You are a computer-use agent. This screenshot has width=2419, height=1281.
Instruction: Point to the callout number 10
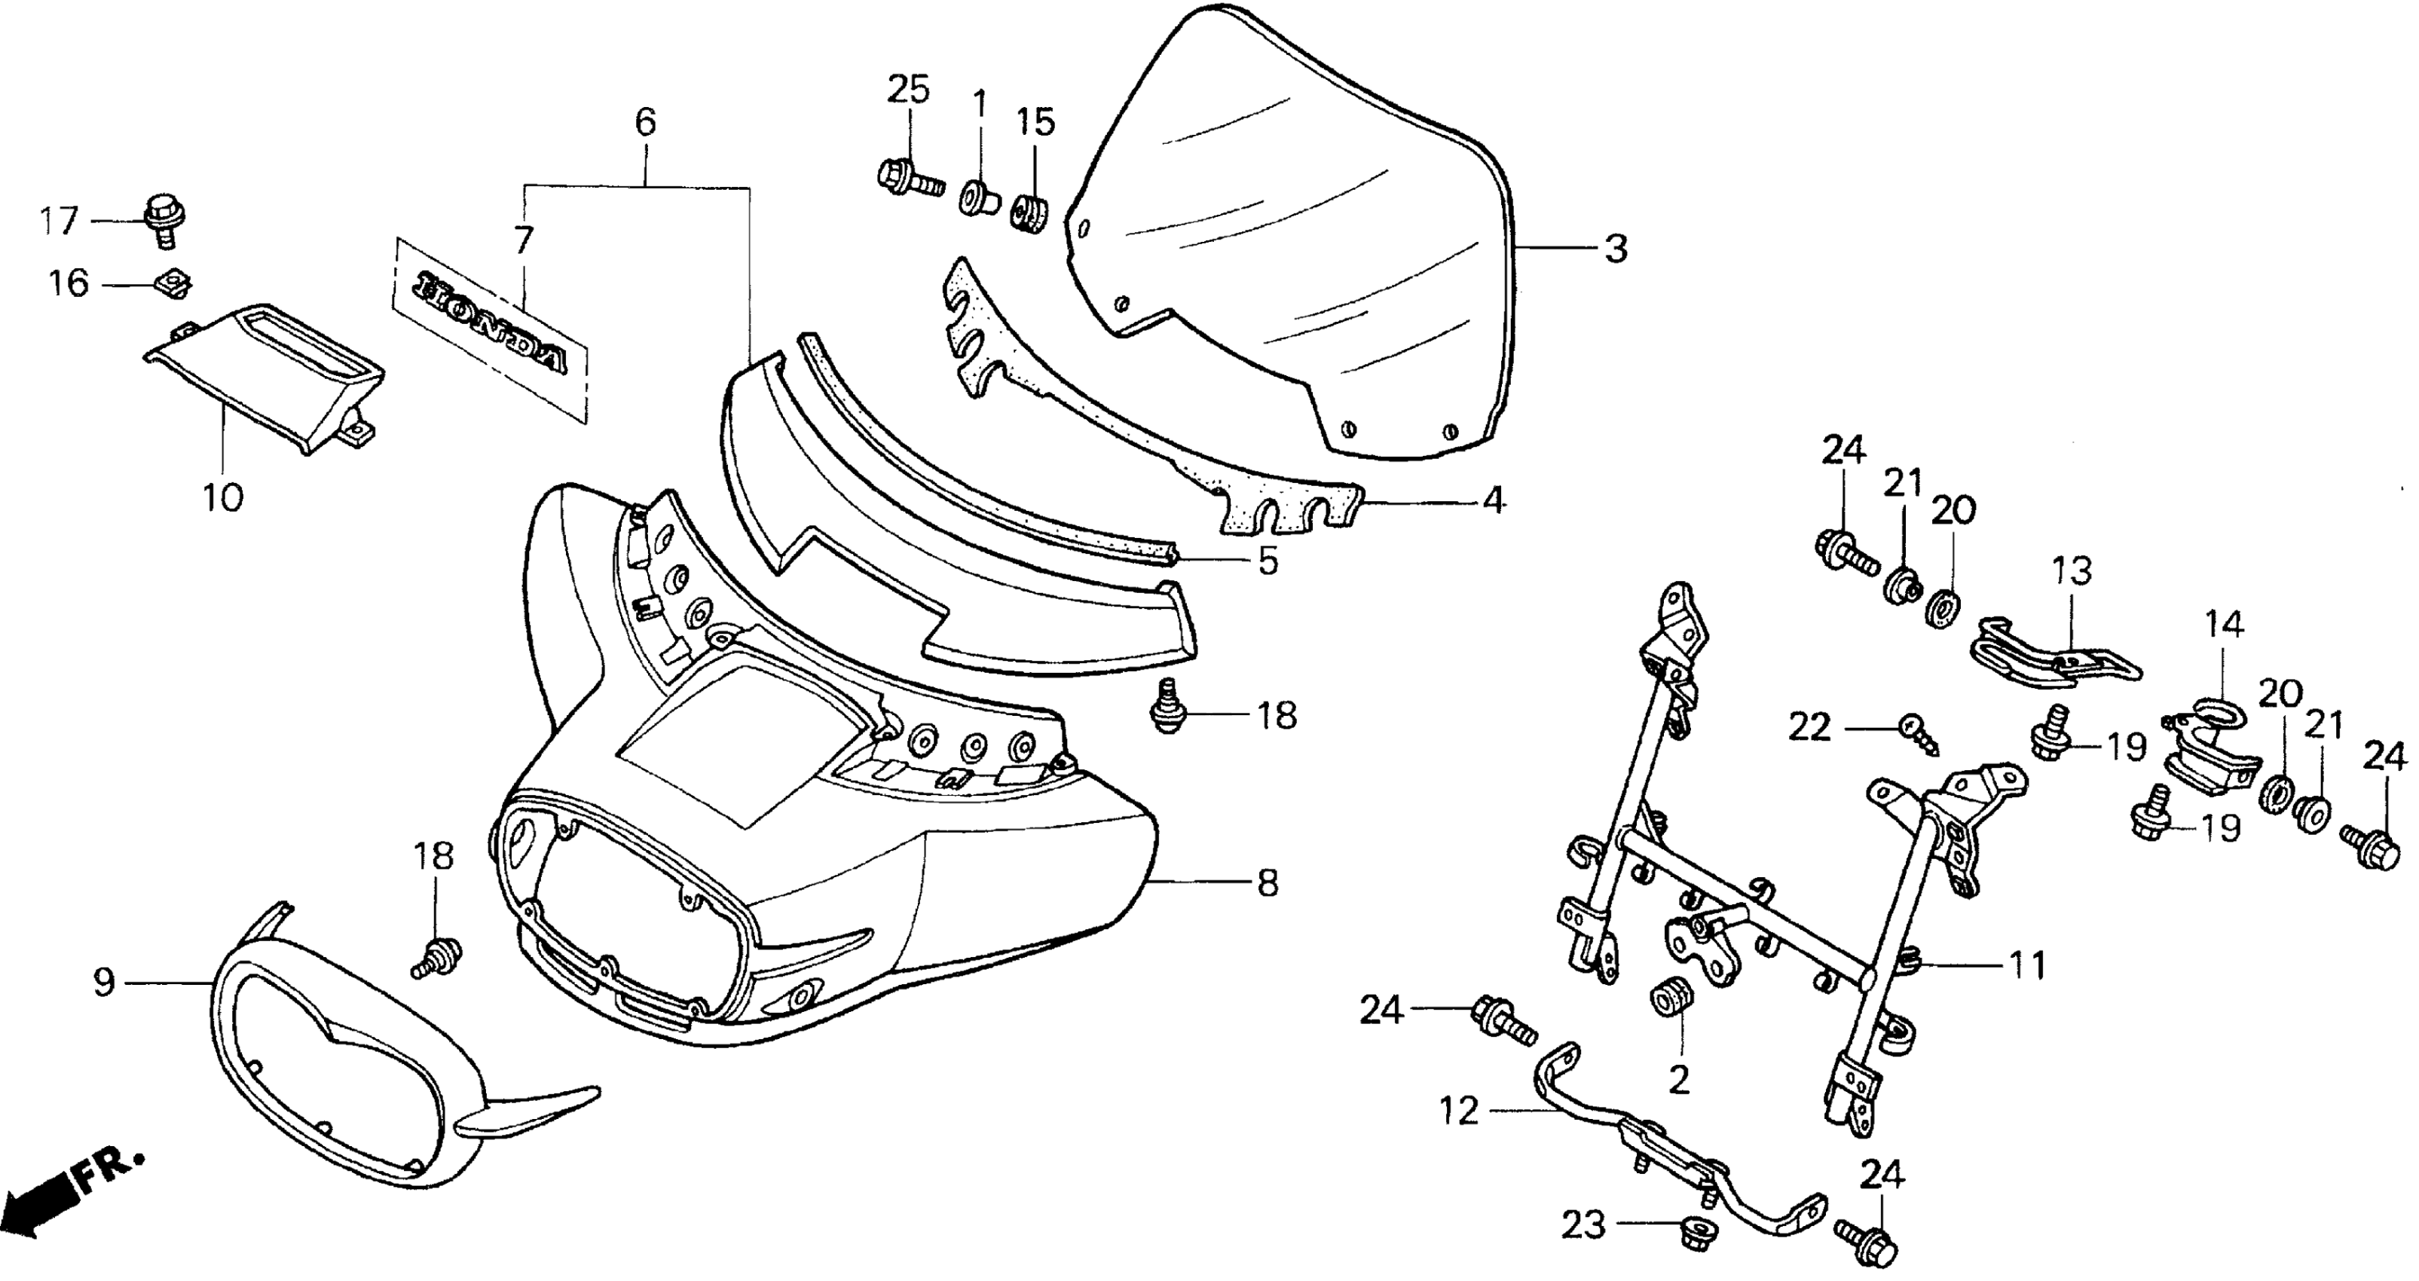coord(222,498)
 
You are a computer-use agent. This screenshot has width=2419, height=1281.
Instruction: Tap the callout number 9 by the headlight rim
coord(103,983)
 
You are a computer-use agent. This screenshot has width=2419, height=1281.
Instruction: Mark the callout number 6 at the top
coord(645,122)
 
